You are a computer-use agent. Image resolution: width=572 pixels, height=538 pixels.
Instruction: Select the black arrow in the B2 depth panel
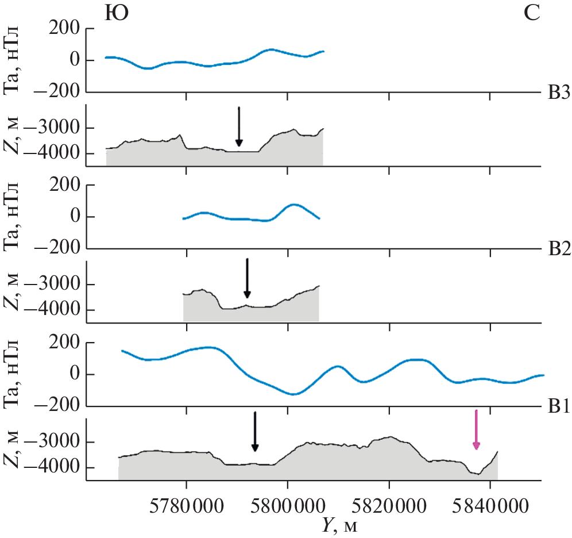pyautogui.click(x=247, y=278)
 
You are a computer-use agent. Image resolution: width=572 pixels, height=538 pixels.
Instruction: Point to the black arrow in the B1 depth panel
pyautogui.click(x=255, y=431)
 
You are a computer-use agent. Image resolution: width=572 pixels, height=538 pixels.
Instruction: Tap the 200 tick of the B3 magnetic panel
pyautogui.click(x=65, y=29)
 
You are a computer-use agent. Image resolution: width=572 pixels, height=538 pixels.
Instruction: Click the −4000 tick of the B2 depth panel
pyautogui.click(x=56, y=310)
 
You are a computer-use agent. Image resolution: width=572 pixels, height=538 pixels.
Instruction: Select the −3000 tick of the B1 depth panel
pyautogui.click(x=56, y=442)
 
